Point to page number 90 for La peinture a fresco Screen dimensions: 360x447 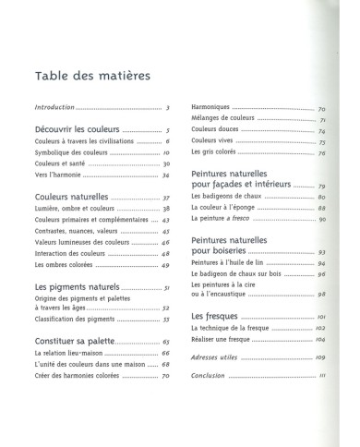(322, 219)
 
